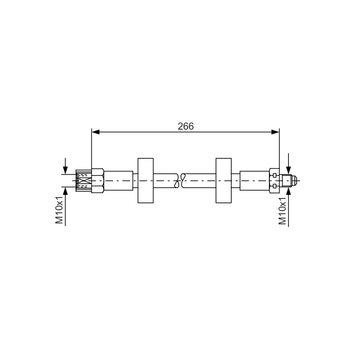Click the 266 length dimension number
point(185,126)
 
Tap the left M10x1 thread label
point(59,210)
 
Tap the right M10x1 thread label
point(283,211)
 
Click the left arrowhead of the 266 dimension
point(95,132)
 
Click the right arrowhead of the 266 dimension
point(275,132)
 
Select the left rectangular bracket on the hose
point(145,180)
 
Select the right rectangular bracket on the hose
point(224,180)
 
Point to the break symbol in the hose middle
point(180,180)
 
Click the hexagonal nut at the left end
point(98,180)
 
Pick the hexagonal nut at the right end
point(274,181)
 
